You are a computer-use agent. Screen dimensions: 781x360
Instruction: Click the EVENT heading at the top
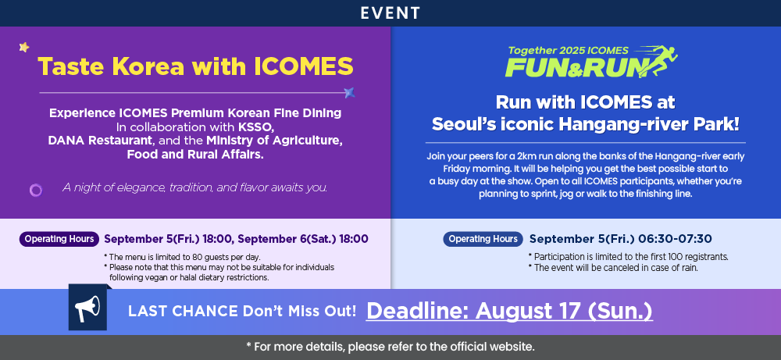(x=390, y=13)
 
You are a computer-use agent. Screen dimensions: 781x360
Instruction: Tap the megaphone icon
(x=87, y=308)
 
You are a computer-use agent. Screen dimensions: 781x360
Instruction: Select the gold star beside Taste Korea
(x=24, y=48)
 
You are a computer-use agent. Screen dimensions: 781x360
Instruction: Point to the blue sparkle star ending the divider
(x=350, y=93)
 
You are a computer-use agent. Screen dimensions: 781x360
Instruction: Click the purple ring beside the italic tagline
(x=36, y=190)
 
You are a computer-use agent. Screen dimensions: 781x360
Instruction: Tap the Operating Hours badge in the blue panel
(x=483, y=239)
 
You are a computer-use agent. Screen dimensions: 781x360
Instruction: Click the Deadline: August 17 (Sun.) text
(x=509, y=312)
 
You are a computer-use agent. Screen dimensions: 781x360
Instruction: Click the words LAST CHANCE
(x=183, y=312)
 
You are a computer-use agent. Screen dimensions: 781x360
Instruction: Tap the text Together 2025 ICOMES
(x=569, y=50)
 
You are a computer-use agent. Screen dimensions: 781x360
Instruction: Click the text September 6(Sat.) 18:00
(x=303, y=239)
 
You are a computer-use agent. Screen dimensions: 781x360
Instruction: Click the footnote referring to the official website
(x=390, y=347)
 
